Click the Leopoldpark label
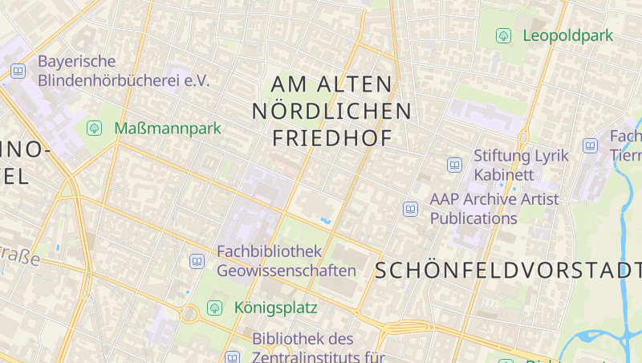(x=567, y=35)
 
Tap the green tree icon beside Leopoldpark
(x=503, y=35)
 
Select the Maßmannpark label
(x=167, y=128)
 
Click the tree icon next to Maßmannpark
(x=94, y=128)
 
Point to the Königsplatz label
(x=275, y=308)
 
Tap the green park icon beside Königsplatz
(x=214, y=308)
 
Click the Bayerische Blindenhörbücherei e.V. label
(x=123, y=71)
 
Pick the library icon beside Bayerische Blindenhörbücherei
(x=18, y=71)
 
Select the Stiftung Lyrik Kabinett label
(x=520, y=165)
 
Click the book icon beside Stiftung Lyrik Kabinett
(x=454, y=165)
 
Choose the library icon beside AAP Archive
(x=411, y=209)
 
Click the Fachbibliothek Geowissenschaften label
(x=286, y=261)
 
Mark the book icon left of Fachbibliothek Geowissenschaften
(x=197, y=261)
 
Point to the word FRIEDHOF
(x=332, y=138)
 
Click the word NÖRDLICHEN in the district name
(x=331, y=111)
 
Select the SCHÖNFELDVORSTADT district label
(x=508, y=271)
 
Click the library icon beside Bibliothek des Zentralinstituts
(x=232, y=357)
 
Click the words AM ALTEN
(x=331, y=84)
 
